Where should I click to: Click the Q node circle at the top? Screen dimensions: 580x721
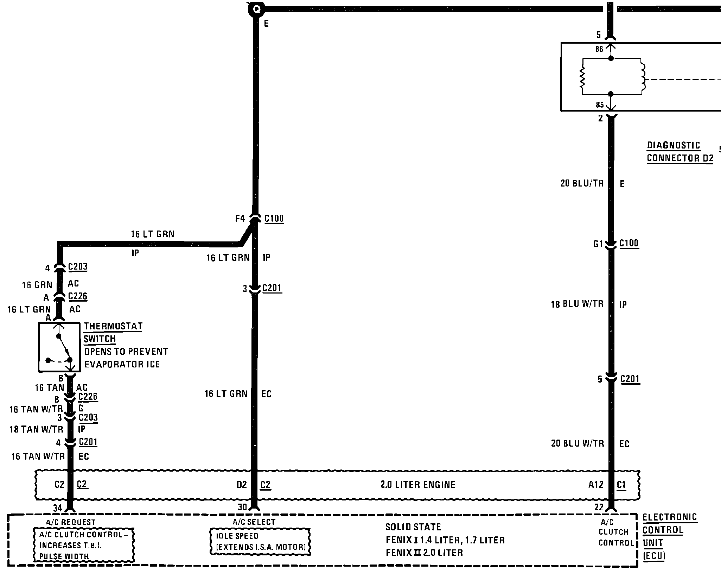[x=257, y=9]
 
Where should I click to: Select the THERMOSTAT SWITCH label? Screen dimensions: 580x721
[x=113, y=332]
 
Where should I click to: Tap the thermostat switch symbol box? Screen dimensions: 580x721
[x=59, y=347]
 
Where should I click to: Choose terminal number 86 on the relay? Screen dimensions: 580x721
[x=599, y=49]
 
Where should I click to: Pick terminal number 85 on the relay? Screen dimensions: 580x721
[x=600, y=105]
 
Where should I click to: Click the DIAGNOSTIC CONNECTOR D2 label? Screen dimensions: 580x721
[x=679, y=152]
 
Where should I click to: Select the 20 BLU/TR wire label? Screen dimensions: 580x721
[x=582, y=183]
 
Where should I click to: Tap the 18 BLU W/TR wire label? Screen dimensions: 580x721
[x=577, y=304]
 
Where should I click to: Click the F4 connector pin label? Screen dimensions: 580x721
[x=240, y=219]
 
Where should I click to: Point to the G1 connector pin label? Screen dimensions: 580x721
[x=598, y=244]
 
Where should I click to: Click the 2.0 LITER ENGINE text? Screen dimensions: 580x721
[x=417, y=485]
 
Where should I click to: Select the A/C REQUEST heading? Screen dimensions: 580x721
[x=71, y=522]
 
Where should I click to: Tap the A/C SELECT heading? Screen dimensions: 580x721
[x=254, y=522]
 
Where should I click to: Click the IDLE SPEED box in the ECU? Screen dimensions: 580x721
[x=260, y=541]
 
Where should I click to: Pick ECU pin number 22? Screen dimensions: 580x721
[x=599, y=507]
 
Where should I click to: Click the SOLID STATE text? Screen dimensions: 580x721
[x=413, y=527]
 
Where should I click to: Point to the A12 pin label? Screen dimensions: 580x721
[x=596, y=485]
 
